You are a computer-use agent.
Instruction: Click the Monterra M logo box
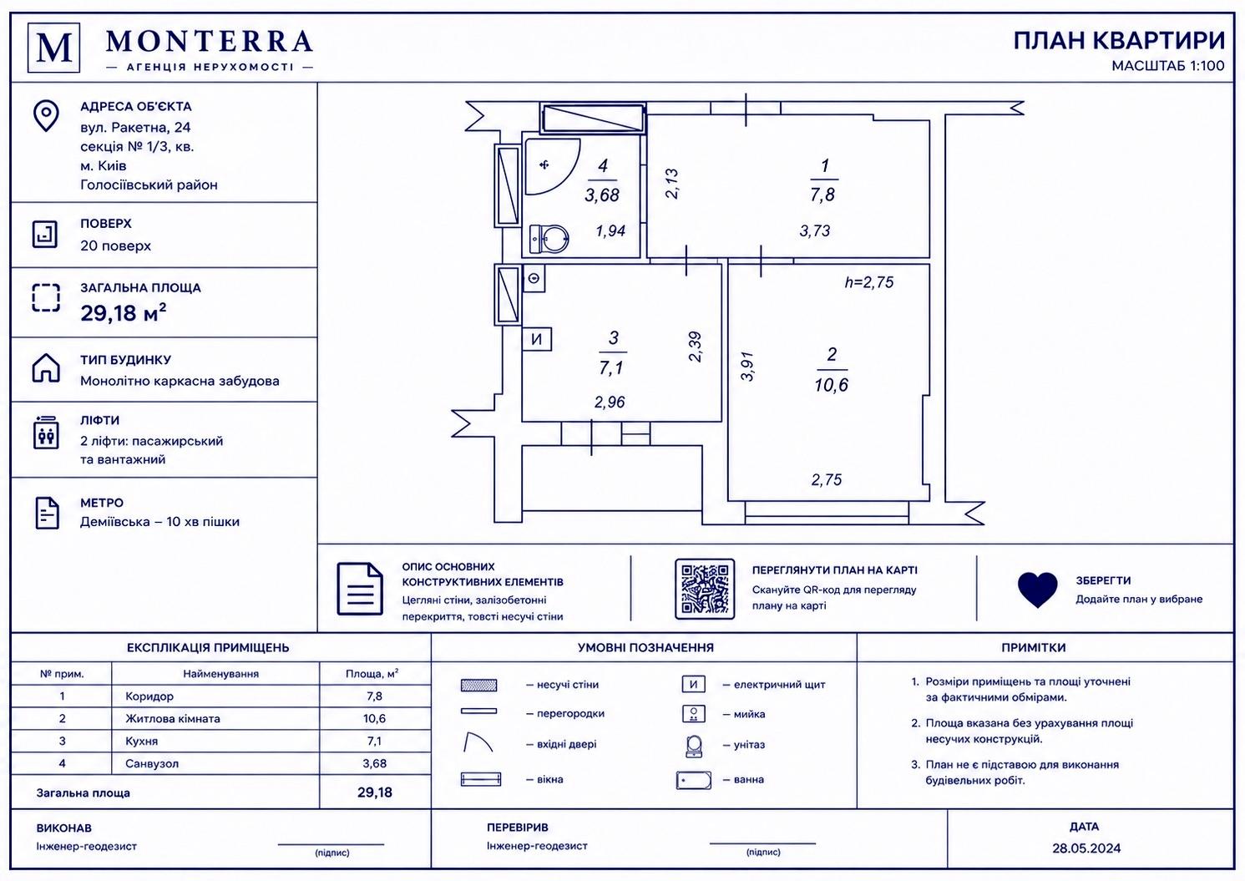[x=54, y=48]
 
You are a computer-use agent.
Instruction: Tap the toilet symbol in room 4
[x=549, y=239]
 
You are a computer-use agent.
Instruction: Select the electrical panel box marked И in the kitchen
[x=536, y=338]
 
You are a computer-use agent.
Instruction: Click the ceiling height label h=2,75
[x=868, y=282]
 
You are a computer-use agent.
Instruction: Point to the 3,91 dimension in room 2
[x=747, y=367]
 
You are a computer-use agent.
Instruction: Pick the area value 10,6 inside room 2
[x=831, y=385]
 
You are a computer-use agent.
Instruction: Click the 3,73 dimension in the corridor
[x=814, y=230]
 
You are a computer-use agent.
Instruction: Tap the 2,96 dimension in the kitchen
[x=610, y=402]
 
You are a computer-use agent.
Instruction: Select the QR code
[x=705, y=590]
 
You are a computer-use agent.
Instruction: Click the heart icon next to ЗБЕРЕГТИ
[x=1037, y=590]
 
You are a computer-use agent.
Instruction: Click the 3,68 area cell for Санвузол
[x=375, y=764]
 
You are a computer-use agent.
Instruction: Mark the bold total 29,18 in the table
[x=375, y=792]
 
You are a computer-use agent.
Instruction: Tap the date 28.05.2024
[x=1086, y=848]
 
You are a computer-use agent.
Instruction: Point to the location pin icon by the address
[x=46, y=115]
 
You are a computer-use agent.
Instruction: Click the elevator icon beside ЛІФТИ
[x=46, y=432]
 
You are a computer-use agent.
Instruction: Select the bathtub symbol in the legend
[x=694, y=781]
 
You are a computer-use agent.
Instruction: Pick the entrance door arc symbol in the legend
[x=478, y=742]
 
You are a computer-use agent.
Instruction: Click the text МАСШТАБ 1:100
[x=1167, y=66]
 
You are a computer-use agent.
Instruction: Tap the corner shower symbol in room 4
[x=552, y=166]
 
